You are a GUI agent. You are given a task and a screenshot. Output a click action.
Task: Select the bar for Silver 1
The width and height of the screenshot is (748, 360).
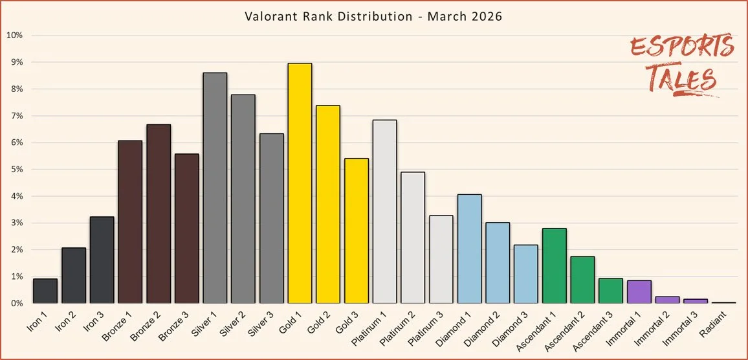pos(215,188)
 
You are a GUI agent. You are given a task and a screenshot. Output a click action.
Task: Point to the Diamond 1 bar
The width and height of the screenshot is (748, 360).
pos(469,249)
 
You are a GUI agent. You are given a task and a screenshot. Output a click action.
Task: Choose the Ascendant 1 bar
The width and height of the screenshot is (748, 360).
pos(555,265)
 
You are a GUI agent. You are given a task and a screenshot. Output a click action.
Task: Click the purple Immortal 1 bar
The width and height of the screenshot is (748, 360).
pos(639,292)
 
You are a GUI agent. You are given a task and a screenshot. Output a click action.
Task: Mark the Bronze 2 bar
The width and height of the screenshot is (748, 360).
pos(159,214)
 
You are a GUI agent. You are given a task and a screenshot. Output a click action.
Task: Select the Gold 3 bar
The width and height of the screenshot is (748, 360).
pos(357,231)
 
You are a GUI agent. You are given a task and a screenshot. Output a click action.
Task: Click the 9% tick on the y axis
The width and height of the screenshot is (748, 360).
pos(15,62)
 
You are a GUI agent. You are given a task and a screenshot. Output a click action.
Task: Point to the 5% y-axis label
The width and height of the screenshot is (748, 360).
pos(15,170)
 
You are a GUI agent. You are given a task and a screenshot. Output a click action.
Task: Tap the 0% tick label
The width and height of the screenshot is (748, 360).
pos(15,303)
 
